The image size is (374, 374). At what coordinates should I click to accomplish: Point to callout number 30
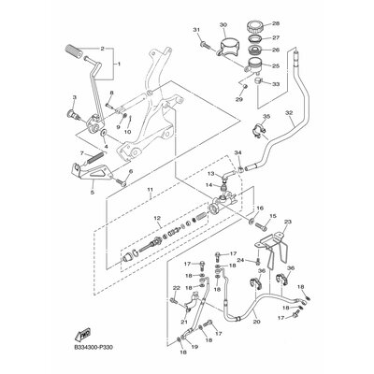[x=223, y=24]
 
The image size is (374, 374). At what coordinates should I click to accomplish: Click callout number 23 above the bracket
[x=288, y=222]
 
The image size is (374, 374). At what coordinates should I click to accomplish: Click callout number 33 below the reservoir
[x=276, y=83]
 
